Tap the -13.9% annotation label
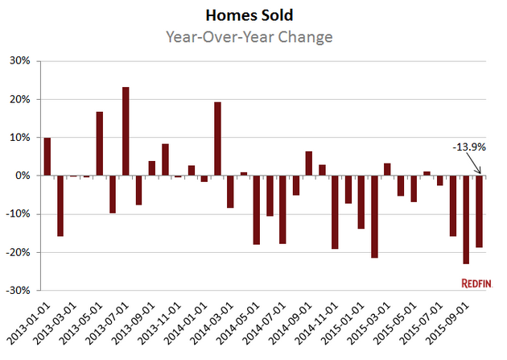pos(468,147)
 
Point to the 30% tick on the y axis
pos(20,61)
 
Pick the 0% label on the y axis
pos(23,176)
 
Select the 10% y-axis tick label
pos(20,138)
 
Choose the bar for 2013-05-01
pos(100,143)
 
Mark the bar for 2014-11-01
pos(336,212)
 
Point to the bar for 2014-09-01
pos(309,163)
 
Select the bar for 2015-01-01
pos(361,202)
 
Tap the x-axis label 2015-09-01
pos(450,322)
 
